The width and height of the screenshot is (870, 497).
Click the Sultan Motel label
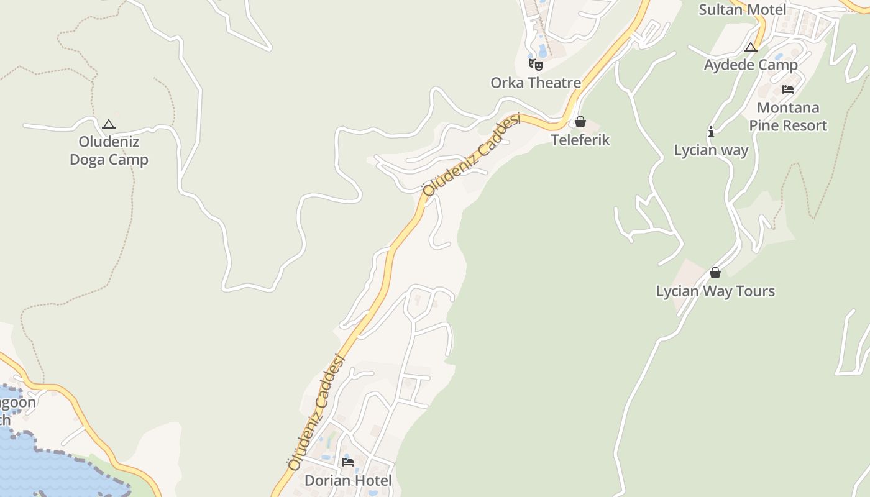(x=742, y=9)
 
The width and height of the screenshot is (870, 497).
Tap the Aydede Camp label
(x=751, y=65)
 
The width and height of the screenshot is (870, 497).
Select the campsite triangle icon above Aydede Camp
(x=751, y=47)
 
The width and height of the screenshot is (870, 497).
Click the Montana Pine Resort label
(x=788, y=116)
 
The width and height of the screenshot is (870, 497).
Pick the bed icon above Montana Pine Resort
(x=788, y=89)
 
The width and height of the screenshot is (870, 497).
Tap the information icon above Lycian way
(x=711, y=132)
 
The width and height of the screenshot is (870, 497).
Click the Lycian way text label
(x=711, y=150)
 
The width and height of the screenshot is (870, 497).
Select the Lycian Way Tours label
(x=715, y=291)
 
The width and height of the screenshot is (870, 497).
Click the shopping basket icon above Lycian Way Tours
(x=715, y=273)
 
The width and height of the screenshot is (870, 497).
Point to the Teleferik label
(x=580, y=140)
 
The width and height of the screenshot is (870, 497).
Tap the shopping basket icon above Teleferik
(x=580, y=122)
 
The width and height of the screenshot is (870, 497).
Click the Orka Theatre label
(x=536, y=83)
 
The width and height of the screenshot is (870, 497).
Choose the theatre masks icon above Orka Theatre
(x=536, y=64)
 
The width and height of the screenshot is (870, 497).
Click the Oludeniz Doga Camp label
(x=109, y=150)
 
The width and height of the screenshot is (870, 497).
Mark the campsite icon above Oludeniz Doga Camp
(x=109, y=124)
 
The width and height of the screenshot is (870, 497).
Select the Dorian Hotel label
(x=348, y=480)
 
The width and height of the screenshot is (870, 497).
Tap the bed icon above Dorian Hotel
(x=348, y=462)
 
